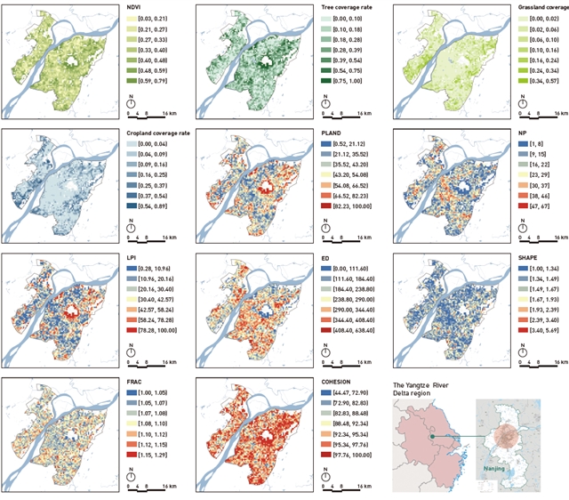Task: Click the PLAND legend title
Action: [329, 133]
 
